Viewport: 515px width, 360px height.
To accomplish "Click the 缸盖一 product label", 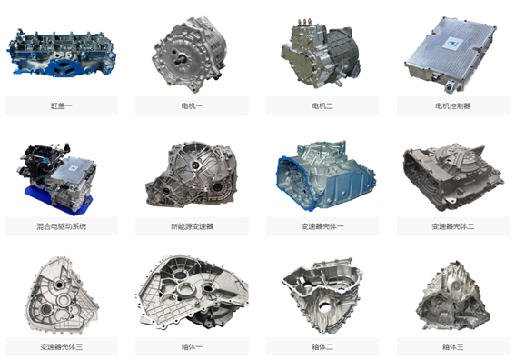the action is (62, 105).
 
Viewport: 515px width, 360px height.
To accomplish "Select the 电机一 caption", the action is (192, 105).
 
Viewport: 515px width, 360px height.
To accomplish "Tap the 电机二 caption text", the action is (322, 105).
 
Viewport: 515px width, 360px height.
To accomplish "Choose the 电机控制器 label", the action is (453, 105).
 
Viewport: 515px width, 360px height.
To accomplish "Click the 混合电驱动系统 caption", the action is (62, 226).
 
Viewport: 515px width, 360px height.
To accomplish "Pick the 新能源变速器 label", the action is (192, 226).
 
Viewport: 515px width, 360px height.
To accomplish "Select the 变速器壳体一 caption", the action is (322, 226).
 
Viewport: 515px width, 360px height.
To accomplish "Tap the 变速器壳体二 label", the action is (453, 226).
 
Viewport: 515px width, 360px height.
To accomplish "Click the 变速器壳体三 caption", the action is (62, 346).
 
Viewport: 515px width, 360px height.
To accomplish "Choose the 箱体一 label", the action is (192, 346).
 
